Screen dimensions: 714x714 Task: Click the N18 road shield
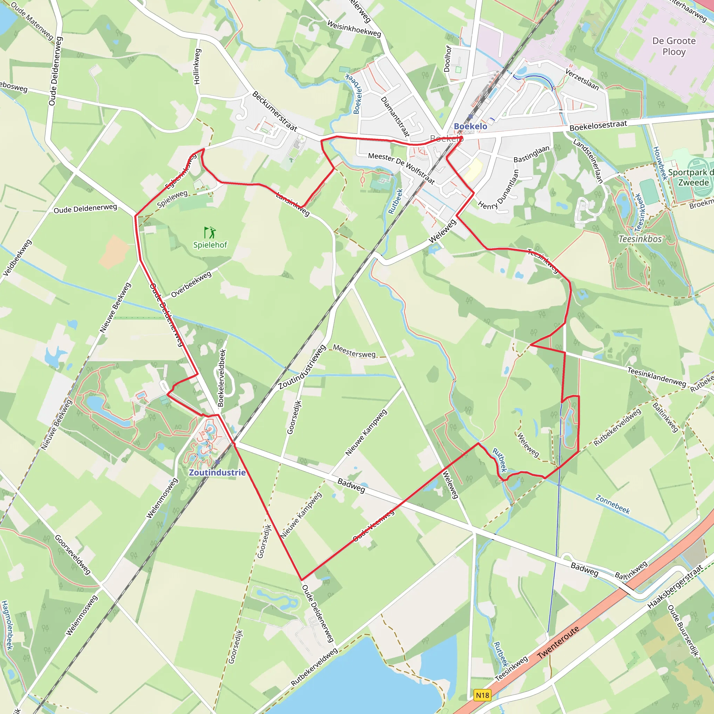click(x=482, y=695)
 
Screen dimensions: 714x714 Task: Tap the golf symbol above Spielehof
click(x=210, y=233)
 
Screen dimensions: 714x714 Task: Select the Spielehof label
click(x=210, y=245)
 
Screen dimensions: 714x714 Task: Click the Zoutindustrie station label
click(x=217, y=472)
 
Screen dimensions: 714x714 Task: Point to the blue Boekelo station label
click(x=470, y=127)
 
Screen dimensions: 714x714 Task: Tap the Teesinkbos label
click(x=640, y=239)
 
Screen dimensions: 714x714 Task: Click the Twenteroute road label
click(x=558, y=643)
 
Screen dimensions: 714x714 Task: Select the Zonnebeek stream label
click(x=612, y=504)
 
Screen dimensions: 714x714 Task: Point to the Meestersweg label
click(x=354, y=351)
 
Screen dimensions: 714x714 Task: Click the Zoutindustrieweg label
click(x=302, y=367)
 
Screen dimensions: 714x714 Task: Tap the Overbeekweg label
click(x=191, y=284)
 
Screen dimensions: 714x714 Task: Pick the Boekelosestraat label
click(x=598, y=126)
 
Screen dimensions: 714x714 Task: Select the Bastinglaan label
click(x=531, y=154)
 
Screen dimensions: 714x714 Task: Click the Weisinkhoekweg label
click(x=354, y=29)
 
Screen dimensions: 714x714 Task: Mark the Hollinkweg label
click(x=197, y=67)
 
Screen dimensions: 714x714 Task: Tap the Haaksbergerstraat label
click(x=675, y=587)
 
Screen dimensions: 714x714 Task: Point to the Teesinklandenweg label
click(x=656, y=377)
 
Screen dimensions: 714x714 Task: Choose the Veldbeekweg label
click(x=17, y=258)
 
